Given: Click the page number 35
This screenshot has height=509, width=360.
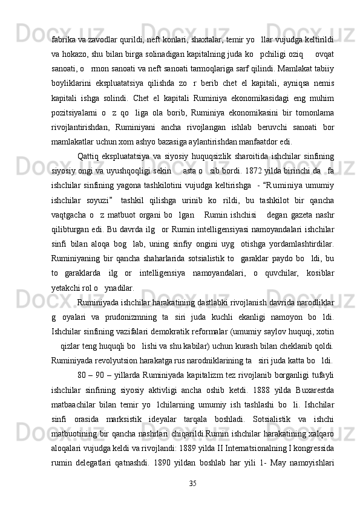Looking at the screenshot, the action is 192,482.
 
